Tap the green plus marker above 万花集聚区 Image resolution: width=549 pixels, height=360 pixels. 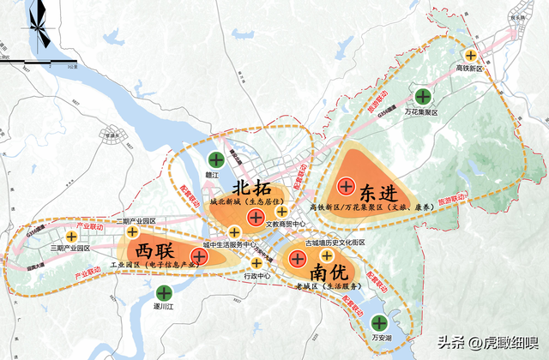click(423, 97)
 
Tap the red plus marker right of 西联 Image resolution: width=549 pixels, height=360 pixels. click(201, 255)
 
